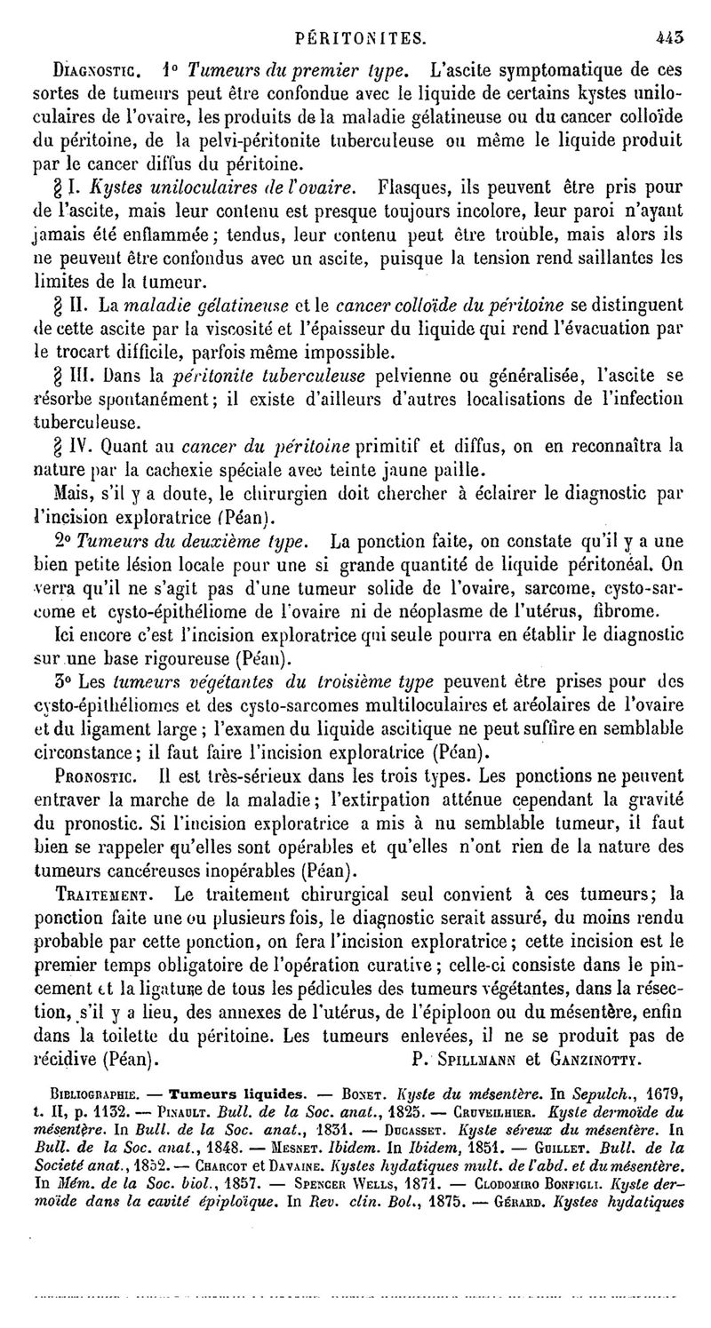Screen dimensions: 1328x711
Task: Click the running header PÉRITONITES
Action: coord(355,39)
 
